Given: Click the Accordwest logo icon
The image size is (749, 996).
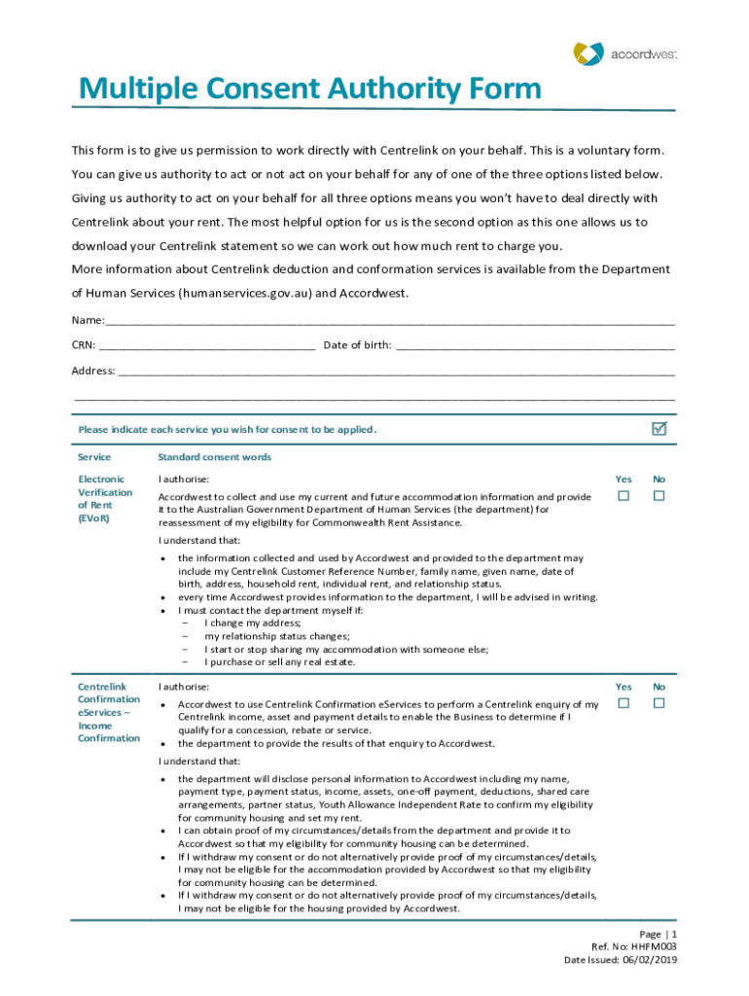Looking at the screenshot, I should (x=588, y=53).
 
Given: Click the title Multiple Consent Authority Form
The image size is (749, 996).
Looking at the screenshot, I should (x=309, y=89).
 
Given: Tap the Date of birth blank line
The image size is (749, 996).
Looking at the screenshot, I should (x=535, y=345).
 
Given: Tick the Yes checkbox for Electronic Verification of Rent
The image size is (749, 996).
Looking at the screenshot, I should (x=624, y=496).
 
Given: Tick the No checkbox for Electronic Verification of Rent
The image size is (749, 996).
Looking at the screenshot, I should (x=659, y=496).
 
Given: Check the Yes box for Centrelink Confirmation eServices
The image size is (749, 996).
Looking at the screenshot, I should (x=624, y=703).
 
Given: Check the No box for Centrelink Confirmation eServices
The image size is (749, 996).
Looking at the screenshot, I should (x=659, y=703).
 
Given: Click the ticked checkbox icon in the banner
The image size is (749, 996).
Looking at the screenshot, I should (x=659, y=429).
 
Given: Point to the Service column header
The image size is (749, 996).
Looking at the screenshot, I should (x=94, y=457).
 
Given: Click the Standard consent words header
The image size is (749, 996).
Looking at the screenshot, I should (x=214, y=457).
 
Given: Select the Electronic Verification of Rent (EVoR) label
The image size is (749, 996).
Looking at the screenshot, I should (x=101, y=499).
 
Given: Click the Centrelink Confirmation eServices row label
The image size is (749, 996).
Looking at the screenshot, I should (x=109, y=712).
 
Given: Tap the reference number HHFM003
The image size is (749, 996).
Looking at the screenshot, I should (x=654, y=946).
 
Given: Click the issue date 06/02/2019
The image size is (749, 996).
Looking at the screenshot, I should (x=648, y=960).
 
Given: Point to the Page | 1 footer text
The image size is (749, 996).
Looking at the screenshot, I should (x=658, y=933).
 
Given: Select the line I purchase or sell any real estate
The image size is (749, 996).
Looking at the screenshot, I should (x=279, y=662).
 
